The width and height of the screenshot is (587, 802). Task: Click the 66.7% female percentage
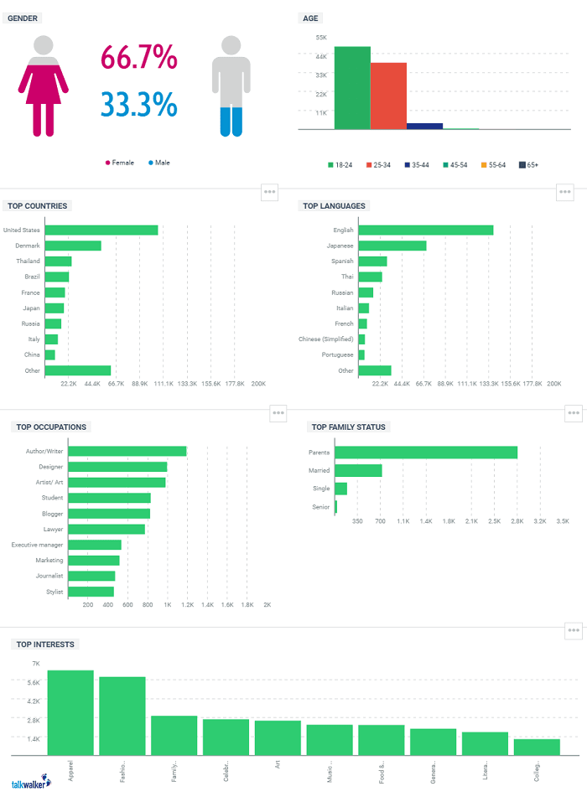click(138, 58)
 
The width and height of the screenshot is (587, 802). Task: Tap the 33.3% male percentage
click(138, 105)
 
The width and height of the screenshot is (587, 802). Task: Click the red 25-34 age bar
click(388, 96)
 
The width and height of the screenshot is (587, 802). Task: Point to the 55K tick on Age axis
click(321, 38)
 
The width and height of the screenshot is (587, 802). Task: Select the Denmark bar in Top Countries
click(73, 246)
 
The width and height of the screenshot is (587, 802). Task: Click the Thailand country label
click(28, 261)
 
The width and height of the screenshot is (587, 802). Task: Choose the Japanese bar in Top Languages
click(392, 246)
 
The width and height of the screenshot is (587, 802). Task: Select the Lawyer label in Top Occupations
click(53, 529)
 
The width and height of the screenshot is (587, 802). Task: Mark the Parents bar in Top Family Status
click(426, 453)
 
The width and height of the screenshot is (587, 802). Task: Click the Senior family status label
click(320, 507)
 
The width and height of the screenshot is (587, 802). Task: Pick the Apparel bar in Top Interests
click(70, 713)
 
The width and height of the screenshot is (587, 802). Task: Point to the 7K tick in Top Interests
click(36, 664)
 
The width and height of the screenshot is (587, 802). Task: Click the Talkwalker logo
click(30, 784)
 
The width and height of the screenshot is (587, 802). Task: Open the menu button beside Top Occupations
click(279, 412)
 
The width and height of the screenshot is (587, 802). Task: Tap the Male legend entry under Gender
click(158, 163)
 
